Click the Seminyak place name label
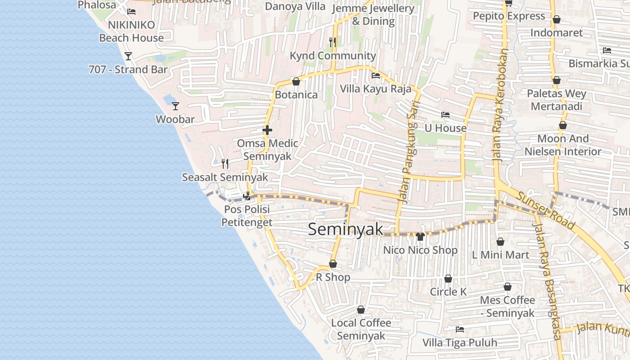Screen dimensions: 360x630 (346, 229)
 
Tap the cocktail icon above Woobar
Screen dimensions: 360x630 (175, 106)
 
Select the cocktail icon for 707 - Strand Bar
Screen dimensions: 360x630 (128, 56)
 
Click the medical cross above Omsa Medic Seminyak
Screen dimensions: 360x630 (267, 130)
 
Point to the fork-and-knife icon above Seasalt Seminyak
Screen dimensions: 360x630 (225, 163)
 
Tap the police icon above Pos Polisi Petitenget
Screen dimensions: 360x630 (247, 196)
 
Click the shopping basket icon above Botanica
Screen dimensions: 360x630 (296, 81)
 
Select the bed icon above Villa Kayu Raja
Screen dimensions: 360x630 (376, 76)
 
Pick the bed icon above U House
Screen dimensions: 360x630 (445, 115)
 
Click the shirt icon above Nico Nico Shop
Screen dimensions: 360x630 (420, 237)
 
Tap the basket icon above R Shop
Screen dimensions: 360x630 (333, 264)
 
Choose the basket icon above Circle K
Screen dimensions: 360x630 (448, 279)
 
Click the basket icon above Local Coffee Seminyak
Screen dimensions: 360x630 (361, 310)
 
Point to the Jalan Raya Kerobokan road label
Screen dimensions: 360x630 (500, 106)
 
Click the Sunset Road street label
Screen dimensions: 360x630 (545, 211)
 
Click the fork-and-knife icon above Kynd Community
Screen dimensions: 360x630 (333, 42)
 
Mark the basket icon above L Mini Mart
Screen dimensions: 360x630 (500, 242)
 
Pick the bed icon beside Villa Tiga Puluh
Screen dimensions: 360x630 (459, 329)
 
